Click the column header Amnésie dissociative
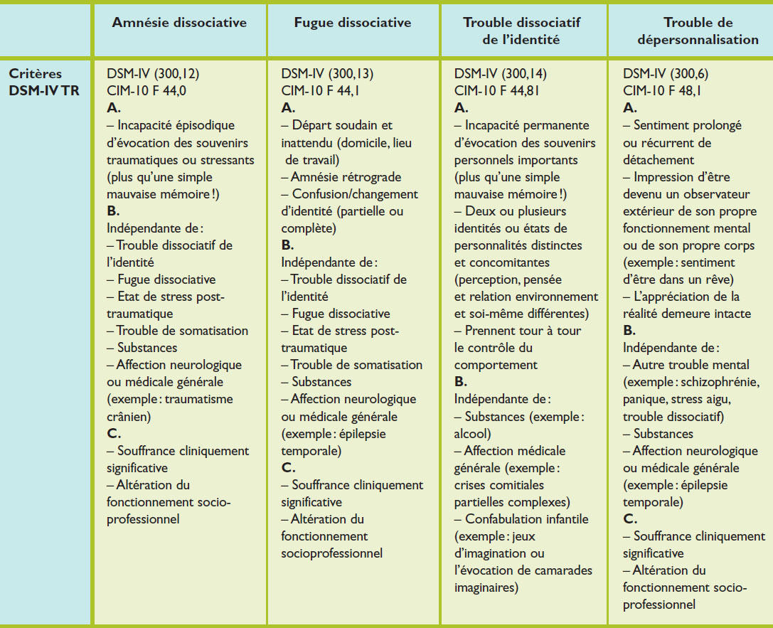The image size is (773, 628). pos(179,23)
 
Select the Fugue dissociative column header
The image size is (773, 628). pos(353,23)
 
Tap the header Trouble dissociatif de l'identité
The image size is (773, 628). pos(521,31)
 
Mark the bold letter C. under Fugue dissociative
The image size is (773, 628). pos(288,467)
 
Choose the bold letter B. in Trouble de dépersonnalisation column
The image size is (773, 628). pos(629,331)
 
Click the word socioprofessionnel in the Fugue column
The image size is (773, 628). pos(332,553)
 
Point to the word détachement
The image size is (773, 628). pos(658,159)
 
